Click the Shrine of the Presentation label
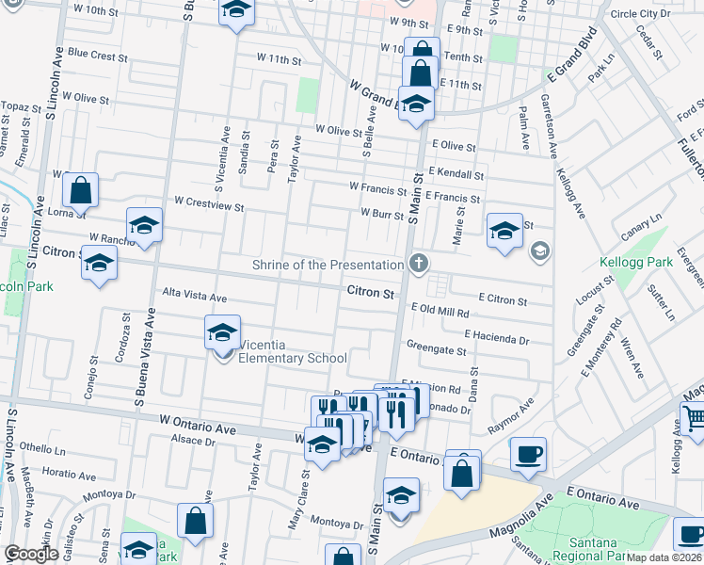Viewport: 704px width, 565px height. pyautogui.click(x=328, y=265)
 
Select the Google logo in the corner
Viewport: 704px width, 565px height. pyautogui.click(x=30, y=554)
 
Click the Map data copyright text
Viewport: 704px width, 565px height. pyautogui.click(x=664, y=557)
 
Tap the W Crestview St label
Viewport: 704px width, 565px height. pyautogui.click(x=209, y=202)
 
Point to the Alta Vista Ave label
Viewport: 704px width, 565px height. pyautogui.click(x=194, y=298)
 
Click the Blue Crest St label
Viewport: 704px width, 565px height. pyautogui.click(x=97, y=56)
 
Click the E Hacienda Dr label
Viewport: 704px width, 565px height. pyautogui.click(x=496, y=335)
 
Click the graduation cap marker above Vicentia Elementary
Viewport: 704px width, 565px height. pyautogui.click(x=223, y=331)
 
